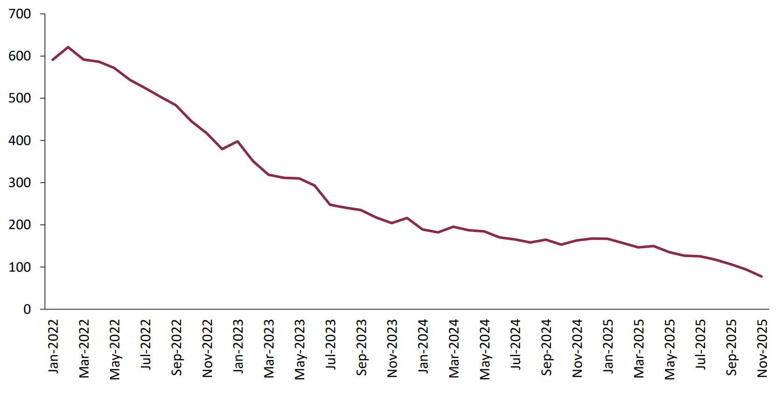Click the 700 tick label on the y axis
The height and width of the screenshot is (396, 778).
pyautogui.click(x=20, y=14)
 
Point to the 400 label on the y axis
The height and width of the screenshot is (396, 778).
pyautogui.click(x=20, y=140)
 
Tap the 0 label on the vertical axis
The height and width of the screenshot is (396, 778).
pyautogui.click(x=27, y=310)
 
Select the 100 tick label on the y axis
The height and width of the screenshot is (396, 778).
pyautogui.click(x=20, y=267)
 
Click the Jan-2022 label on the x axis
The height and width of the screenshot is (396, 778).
pyautogui.click(x=53, y=346)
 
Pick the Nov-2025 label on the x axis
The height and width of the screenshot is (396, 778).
pyautogui.click(x=762, y=348)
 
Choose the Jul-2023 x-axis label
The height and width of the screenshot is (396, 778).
pyautogui.click(x=331, y=345)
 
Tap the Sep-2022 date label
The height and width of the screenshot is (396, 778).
pyautogui.click(x=176, y=348)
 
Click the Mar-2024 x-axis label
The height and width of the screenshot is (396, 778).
pyautogui.click(x=454, y=348)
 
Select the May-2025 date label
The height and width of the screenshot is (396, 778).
pyautogui.click(x=670, y=349)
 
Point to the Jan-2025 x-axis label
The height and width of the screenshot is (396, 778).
pyautogui.click(x=608, y=346)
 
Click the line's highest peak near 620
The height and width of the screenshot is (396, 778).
pyautogui.click(x=68, y=47)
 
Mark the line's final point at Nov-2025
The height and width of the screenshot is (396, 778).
pyautogui.click(x=762, y=276)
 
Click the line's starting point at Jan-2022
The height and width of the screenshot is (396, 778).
pyautogui.click(x=52, y=60)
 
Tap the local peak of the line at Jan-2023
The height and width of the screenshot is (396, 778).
pyautogui.click(x=238, y=141)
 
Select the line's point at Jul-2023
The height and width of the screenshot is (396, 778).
pyautogui.click(x=330, y=205)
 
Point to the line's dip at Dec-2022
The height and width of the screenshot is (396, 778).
pyautogui.click(x=222, y=149)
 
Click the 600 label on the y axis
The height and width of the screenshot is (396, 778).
pyautogui.click(x=20, y=56)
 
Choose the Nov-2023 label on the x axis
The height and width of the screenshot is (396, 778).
pyautogui.click(x=392, y=348)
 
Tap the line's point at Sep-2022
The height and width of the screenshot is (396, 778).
pyautogui.click(x=176, y=105)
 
